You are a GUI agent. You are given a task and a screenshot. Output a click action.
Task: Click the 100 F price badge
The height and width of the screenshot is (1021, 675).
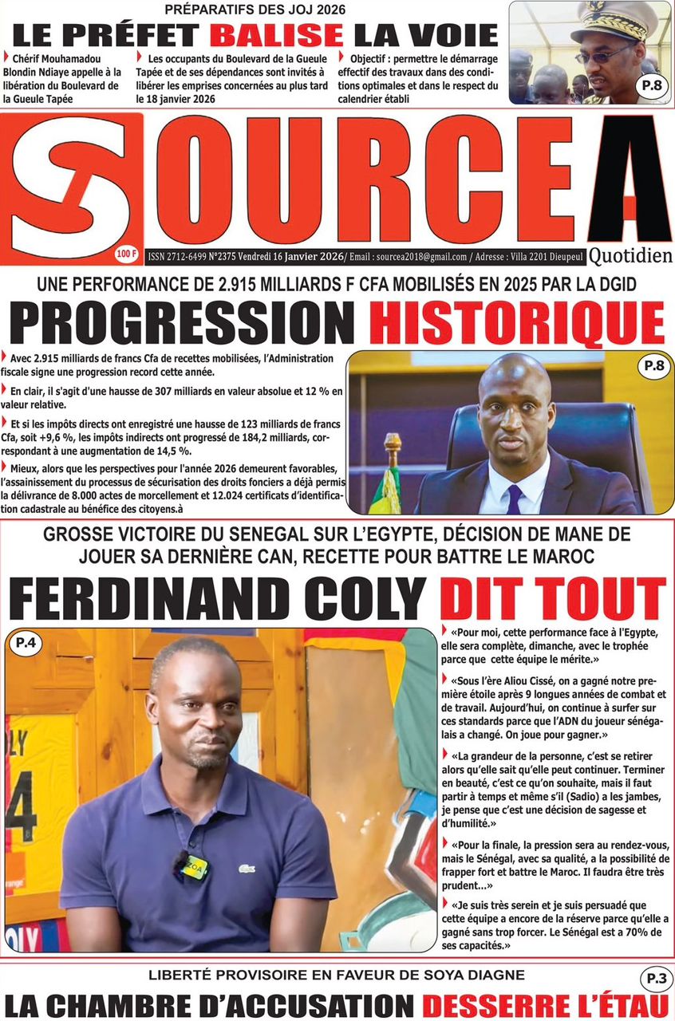pos(127,255)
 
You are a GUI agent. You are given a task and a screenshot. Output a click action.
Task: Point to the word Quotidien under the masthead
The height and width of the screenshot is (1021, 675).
pos(630,256)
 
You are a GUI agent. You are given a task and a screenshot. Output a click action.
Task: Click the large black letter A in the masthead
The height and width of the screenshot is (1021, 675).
pos(630,179)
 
